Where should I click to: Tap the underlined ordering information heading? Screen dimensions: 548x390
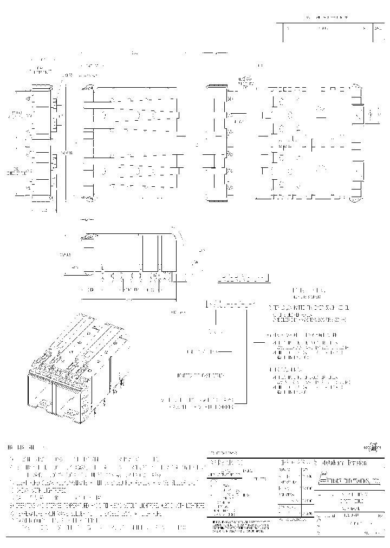243,279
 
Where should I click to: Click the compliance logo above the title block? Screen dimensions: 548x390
370,447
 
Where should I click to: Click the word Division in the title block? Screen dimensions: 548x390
353,463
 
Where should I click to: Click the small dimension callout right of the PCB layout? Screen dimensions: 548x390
372,114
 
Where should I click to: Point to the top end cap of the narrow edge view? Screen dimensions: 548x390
217,86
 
